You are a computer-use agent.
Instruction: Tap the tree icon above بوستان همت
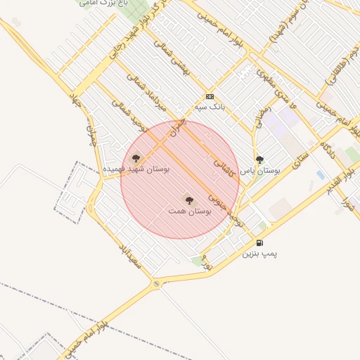click(188, 200)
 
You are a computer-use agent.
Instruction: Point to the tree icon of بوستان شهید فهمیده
click(136, 158)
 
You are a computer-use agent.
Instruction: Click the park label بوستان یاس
click(260, 171)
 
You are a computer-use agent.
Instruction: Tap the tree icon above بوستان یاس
click(259, 160)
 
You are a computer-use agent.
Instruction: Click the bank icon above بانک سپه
click(210, 96)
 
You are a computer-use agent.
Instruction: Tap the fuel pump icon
click(259, 243)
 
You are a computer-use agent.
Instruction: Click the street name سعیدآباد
click(131, 257)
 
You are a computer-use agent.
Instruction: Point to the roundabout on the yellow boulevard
click(156, 284)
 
